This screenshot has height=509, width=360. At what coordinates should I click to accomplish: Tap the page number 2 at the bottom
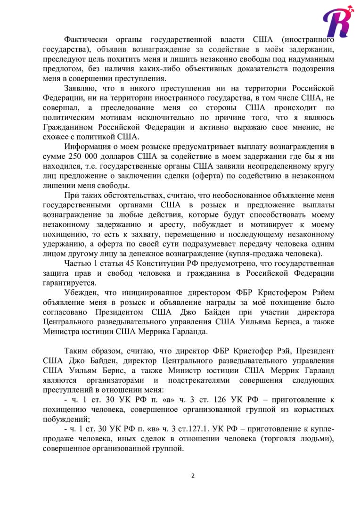coord(193,475)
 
